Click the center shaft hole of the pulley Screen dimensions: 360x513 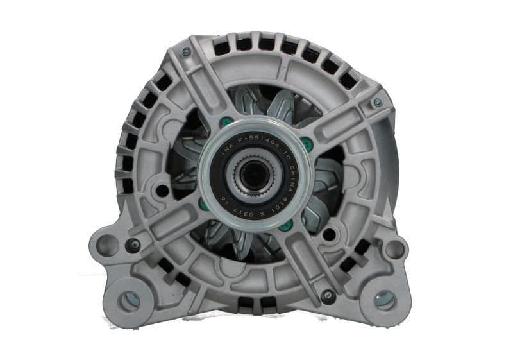click(255, 175)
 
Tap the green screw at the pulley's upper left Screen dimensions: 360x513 click(223, 121)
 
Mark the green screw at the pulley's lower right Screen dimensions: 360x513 click(287, 225)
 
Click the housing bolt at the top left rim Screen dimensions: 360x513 click(186, 51)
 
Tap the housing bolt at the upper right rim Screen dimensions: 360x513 click(378, 101)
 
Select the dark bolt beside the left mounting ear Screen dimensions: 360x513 click(134, 244)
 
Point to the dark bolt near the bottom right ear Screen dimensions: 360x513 click(328, 297)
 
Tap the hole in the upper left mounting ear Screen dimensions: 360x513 click(107, 246)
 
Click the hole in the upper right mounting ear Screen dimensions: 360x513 click(394, 248)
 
